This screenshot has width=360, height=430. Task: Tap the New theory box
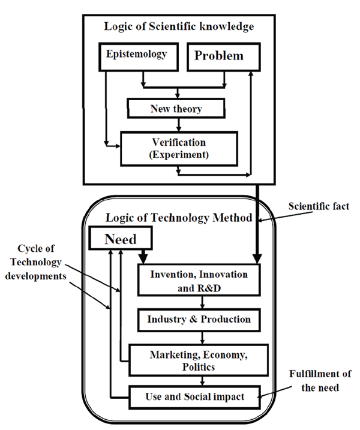tap(176, 109)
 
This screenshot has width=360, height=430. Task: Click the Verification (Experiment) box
tap(179, 148)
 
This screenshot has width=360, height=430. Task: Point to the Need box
tap(121, 239)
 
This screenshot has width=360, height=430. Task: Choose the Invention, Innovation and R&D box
tap(199, 280)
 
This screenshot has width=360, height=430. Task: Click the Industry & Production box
tap(199, 319)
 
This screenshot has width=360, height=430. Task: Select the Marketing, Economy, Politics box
tap(199, 359)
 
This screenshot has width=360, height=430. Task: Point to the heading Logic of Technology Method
tap(178, 217)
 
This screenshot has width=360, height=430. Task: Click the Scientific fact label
tap(319, 206)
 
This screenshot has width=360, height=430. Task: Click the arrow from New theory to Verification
tap(179, 125)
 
